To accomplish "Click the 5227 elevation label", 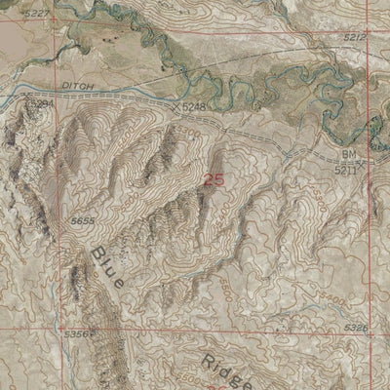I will point(36,12).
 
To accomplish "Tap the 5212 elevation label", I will point(356,36).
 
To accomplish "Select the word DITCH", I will point(75,86).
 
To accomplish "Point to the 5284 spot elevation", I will point(41,101).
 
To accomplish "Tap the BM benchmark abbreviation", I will point(349,154).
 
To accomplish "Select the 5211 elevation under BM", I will point(345,169).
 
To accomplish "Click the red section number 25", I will point(216,178).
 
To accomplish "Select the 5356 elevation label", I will point(75,333).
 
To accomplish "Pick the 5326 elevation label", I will point(356,329).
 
